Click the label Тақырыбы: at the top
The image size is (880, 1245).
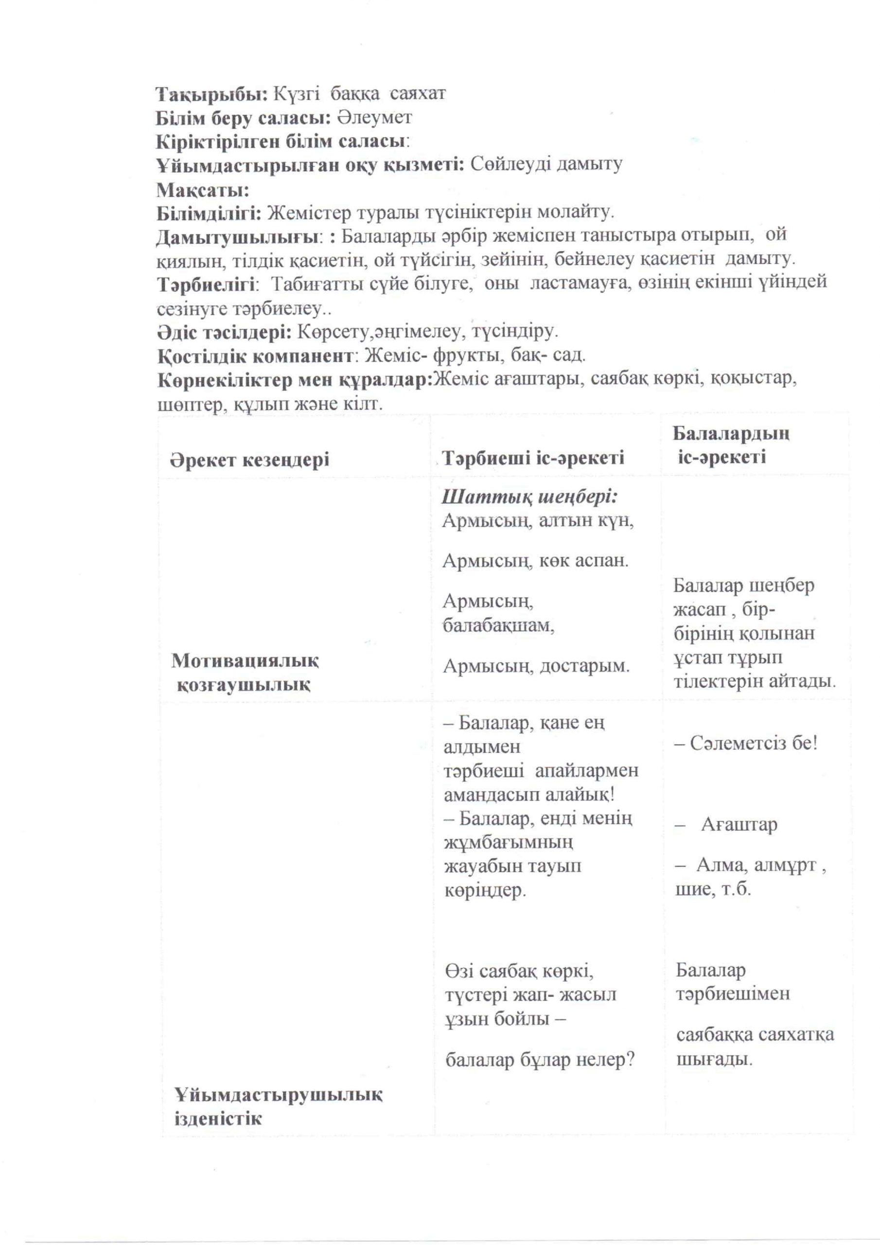click(x=211, y=94)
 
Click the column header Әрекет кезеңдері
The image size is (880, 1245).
click(x=249, y=461)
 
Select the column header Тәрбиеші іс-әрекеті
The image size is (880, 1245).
click(x=533, y=458)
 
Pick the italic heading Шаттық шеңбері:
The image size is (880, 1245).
click(x=531, y=497)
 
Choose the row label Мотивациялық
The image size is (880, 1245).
click(x=245, y=660)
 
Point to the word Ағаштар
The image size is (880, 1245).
click(x=739, y=825)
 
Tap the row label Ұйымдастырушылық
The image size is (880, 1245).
click(x=278, y=1095)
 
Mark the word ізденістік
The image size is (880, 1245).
click(x=218, y=1119)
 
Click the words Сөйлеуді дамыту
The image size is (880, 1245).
click(x=546, y=164)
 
